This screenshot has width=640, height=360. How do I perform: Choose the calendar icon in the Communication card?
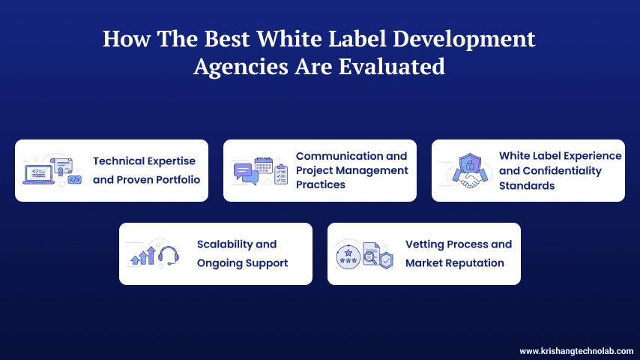tap(264, 166)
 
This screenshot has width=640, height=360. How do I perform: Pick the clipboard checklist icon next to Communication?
tap(281, 174)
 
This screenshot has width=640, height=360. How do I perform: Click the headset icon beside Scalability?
tap(169, 255)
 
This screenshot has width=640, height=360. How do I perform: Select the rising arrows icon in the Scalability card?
tap(143, 256)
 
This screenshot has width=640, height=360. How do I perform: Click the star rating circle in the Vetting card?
tap(346, 254)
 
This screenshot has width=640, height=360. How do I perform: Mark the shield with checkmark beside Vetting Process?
tap(385, 259)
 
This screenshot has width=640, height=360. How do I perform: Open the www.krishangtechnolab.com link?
tap(576, 350)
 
